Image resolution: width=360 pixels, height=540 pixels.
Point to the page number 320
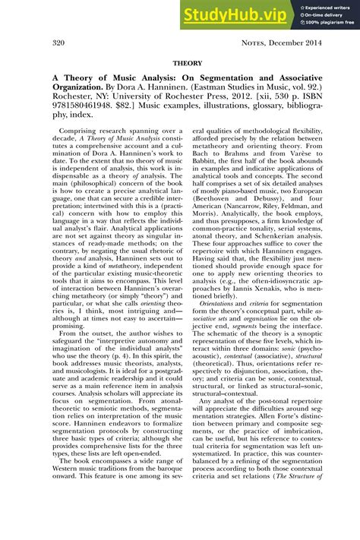(x=60, y=43)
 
